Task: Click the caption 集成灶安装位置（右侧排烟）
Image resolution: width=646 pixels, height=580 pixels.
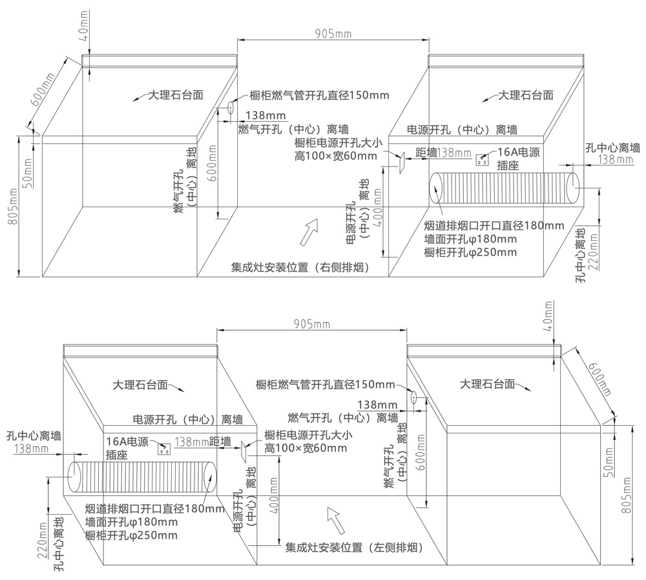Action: click(x=300, y=268)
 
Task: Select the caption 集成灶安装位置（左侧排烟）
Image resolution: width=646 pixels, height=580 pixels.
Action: click(x=354, y=548)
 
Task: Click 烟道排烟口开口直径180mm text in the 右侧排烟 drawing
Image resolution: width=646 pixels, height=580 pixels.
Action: click(x=494, y=226)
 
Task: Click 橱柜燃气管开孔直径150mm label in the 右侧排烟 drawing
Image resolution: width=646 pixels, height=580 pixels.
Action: click(x=319, y=96)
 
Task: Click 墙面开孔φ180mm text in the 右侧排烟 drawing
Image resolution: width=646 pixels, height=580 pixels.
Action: click(x=470, y=239)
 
